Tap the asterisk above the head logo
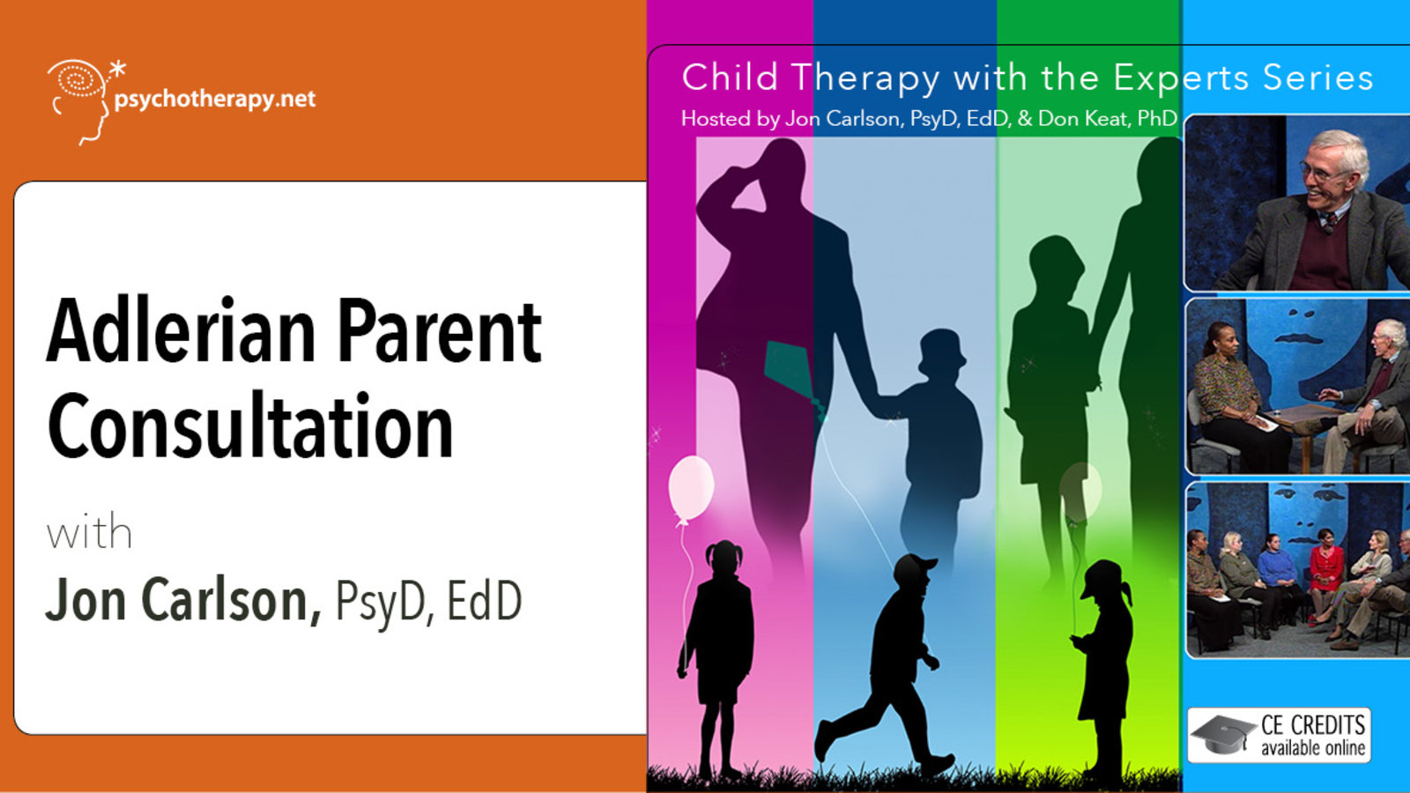pos(117,70)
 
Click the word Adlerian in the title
pos(182,330)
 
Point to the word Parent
pos(440,330)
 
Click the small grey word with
pos(89,532)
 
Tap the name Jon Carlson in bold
pos(183,600)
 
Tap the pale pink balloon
pos(691,489)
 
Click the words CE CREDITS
pos(1313,725)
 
